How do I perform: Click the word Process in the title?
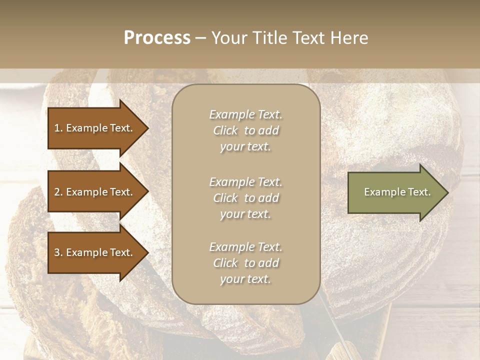point(157,38)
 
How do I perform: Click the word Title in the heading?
point(270,38)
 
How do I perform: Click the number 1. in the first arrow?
point(58,128)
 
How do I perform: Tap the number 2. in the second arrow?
point(58,192)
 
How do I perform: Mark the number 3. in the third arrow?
point(58,252)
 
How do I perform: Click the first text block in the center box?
point(245,130)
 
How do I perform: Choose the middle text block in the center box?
point(245,198)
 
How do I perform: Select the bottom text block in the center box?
point(245,263)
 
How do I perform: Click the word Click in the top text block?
point(225,130)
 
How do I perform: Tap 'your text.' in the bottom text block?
point(245,279)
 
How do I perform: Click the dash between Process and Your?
point(201,38)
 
